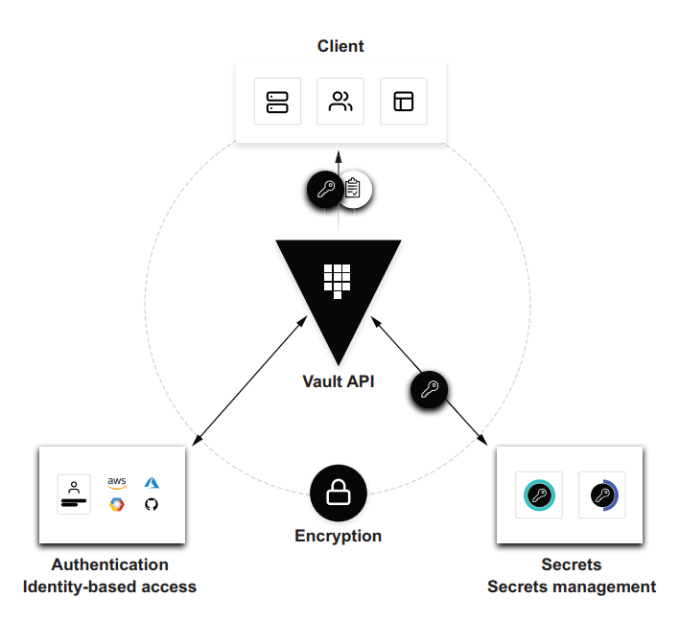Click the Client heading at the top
click(x=340, y=46)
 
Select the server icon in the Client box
click(x=277, y=102)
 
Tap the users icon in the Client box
click(x=340, y=102)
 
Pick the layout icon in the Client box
click(x=404, y=102)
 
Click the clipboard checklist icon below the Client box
click(x=354, y=189)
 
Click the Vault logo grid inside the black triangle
click(x=338, y=279)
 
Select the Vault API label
click(x=339, y=381)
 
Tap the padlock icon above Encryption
click(x=338, y=494)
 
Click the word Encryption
click(x=338, y=536)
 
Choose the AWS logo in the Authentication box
click(x=117, y=482)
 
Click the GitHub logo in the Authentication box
click(x=151, y=504)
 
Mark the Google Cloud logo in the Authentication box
click(x=117, y=504)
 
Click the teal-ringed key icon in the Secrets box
click(x=538, y=495)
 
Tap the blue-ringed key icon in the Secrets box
click(x=602, y=495)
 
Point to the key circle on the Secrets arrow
click(x=429, y=389)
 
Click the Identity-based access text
click(x=109, y=586)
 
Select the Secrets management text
click(x=572, y=586)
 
